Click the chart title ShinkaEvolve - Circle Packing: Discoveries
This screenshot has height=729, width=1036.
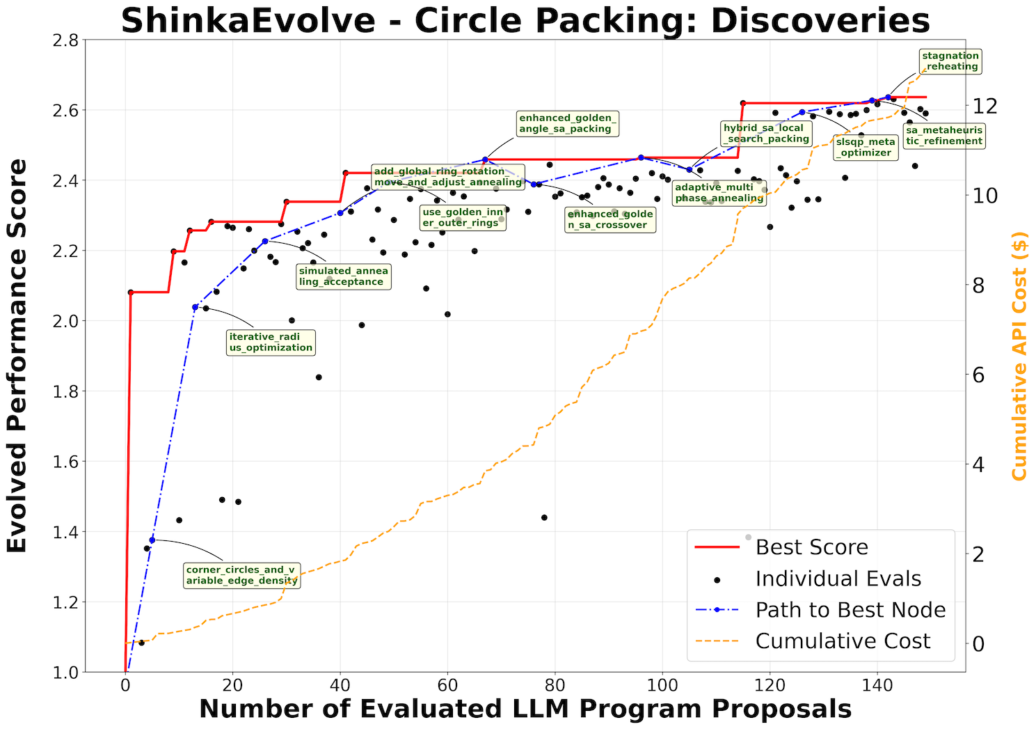(x=525, y=21)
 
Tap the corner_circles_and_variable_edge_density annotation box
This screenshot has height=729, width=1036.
(x=241, y=575)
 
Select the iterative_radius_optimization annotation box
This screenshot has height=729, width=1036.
(x=271, y=342)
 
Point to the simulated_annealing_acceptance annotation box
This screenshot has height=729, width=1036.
(x=344, y=276)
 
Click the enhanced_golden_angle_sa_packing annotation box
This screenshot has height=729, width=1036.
(x=567, y=123)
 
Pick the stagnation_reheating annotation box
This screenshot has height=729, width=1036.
(x=950, y=61)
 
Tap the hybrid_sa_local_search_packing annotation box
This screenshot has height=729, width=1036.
(x=766, y=133)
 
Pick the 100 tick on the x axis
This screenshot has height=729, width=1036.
(x=662, y=684)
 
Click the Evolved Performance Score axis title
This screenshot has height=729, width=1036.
(x=17, y=356)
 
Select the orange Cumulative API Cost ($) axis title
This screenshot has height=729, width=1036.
(x=1019, y=356)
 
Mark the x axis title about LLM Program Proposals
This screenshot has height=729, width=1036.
(x=525, y=710)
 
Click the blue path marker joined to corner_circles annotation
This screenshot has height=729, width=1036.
(x=152, y=540)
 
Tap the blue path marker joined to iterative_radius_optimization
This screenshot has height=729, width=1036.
(x=196, y=307)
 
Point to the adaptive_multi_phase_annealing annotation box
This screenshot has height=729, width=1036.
(x=719, y=193)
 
